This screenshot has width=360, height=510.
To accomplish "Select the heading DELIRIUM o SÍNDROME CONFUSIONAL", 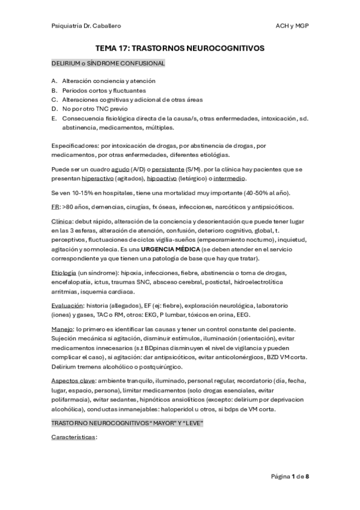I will click(x=108, y=63).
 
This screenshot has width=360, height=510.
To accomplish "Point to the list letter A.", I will click(x=54, y=81).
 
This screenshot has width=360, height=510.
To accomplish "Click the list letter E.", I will click(x=54, y=118).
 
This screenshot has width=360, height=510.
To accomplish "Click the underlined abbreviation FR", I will click(x=55, y=207).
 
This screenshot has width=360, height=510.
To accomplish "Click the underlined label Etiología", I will click(x=64, y=273).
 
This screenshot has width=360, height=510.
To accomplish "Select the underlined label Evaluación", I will click(x=67, y=306).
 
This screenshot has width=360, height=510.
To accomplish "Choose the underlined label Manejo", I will click(x=62, y=330).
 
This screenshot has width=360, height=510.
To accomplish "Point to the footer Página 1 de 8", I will click(x=290, y=476).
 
